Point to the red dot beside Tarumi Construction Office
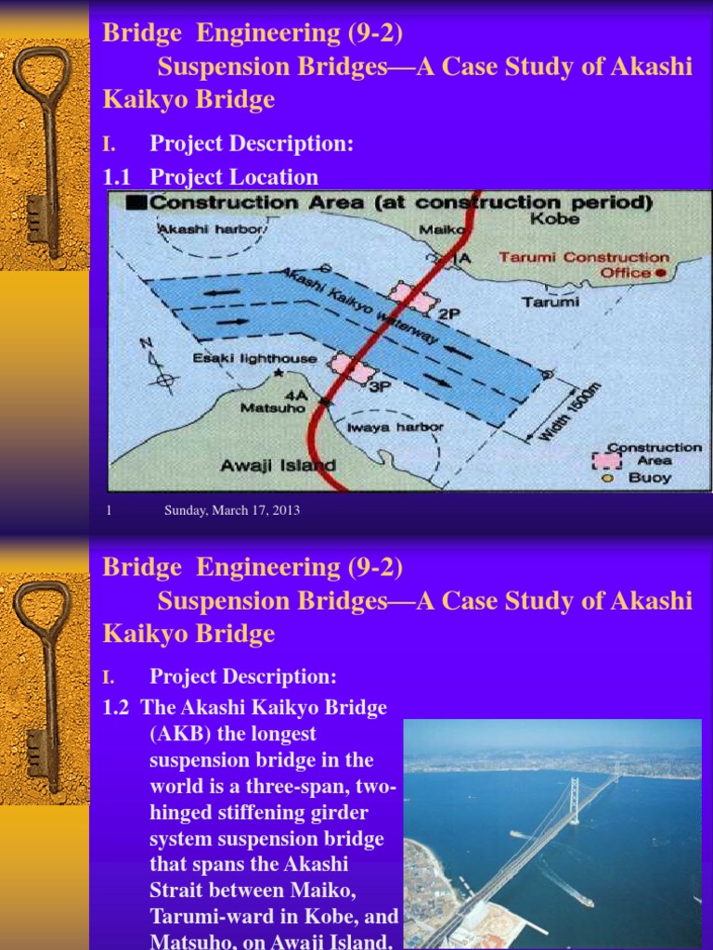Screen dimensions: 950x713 pos(660,273)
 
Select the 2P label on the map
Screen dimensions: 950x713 pos(450,315)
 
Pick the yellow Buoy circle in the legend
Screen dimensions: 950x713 pos(607,479)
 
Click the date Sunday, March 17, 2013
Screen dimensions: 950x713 pos(232,510)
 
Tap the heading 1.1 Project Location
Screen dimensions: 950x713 pos(211,177)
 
